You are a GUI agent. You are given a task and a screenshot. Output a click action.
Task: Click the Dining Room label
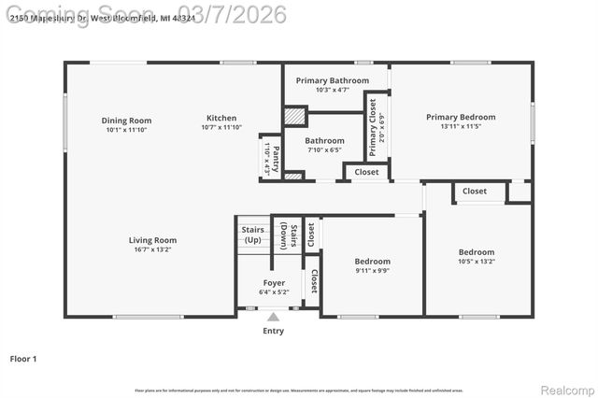click(x=126, y=121)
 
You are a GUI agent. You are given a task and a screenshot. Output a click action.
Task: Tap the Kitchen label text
click(x=221, y=118)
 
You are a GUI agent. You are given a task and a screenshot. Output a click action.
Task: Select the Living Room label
click(x=152, y=240)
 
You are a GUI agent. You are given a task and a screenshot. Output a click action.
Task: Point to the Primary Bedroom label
click(x=461, y=117)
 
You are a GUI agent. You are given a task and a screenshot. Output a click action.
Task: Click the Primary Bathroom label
click(x=333, y=80)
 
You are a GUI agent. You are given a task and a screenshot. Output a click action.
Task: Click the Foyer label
click(x=274, y=282)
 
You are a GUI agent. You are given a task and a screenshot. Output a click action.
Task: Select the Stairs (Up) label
click(x=252, y=235)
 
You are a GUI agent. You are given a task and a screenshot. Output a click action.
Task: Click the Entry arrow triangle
click(x=273, y=317)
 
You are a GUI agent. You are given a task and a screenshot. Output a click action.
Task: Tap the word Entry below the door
click(x=273, y=331)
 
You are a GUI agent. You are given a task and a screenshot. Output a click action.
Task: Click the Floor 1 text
click(x=23, y=358)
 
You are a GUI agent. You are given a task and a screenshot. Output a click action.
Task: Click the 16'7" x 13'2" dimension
click(x=152, y=249)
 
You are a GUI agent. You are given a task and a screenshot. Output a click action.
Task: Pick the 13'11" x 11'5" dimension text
click(x=461, y=126)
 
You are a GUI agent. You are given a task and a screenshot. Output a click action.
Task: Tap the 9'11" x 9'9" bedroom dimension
click(x=372, y=271)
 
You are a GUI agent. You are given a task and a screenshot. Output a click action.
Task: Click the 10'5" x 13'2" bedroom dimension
click(x=476, y=262)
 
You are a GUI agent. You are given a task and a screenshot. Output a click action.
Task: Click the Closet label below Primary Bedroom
click(x=475, y=192)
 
